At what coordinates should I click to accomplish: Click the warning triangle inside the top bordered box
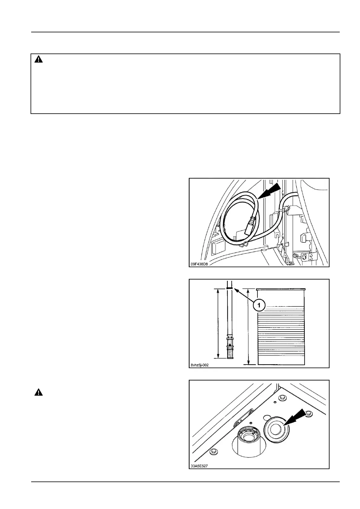38,60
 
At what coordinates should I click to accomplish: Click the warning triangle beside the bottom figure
38,393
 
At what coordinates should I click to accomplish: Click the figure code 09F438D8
199,264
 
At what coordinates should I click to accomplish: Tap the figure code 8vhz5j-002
200,365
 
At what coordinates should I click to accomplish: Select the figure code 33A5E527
199,465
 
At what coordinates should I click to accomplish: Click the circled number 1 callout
259,306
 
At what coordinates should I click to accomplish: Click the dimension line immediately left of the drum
248,326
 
